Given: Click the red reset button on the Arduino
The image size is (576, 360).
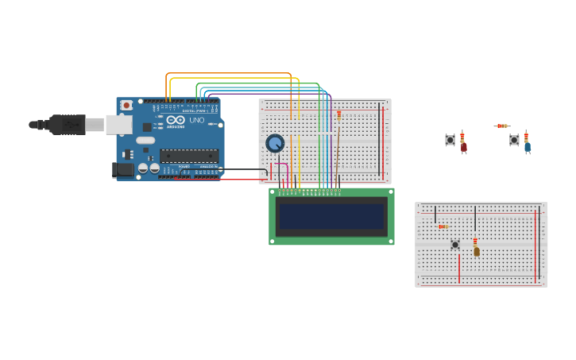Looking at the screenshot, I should pos(126,105).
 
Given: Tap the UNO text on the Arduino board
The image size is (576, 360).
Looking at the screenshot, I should pos(196,120).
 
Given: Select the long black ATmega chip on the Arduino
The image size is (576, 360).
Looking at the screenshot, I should pos(188,156).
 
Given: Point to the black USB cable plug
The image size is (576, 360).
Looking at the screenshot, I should pos(68,124).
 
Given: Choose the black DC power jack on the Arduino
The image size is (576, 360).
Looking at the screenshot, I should pos(123,169).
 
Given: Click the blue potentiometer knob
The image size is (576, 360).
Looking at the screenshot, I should pos(275,143).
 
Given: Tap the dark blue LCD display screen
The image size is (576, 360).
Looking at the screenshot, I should pos(331,217).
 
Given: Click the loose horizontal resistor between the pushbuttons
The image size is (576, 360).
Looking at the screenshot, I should pos(501,126).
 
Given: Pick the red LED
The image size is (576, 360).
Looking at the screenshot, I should pos(464,147).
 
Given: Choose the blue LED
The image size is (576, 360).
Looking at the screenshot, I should pos(528,147).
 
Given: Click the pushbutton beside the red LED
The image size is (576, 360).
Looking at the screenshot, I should pos(450,140).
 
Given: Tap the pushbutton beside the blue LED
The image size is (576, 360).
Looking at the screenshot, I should pos(514,140).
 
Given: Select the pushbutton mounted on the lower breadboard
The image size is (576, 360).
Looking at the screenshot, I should pos(455,245).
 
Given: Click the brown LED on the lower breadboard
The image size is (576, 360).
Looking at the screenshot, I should pos(477,251).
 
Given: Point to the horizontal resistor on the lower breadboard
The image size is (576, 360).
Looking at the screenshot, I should pos(443,226).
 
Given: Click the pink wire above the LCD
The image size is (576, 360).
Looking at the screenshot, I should pos(280,165).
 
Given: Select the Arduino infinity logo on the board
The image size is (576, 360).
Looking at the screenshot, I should pos(176,119).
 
